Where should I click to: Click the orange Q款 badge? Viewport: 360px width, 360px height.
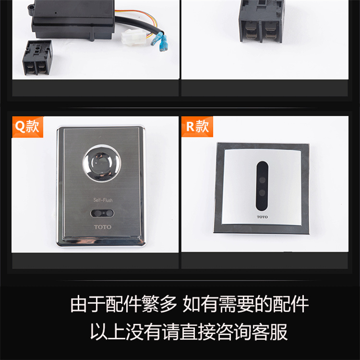click(x=27, y=127)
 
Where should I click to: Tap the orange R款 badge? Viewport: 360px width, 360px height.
click(x=197, y=127)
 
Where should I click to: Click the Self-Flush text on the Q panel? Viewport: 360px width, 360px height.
click(x=103, y=200)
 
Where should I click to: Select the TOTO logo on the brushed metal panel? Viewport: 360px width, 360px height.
click(x=103, y=227)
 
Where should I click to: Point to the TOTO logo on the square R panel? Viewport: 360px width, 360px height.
click(x=262, y=217)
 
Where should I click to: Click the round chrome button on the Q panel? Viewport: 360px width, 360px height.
click(x=102, y=163)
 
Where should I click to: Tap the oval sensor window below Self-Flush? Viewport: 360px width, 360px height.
click(x=102, y=213)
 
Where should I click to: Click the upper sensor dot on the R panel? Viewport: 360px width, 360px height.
click(x=262, y=180)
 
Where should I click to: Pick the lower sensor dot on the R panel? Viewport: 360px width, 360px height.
click(x=262, y=192)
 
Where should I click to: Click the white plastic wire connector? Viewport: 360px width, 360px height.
click(x=132, y=37)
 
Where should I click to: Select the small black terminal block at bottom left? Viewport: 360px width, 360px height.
click(x=37, y=58)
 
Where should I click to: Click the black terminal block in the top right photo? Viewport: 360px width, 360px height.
click(x=261, y=21)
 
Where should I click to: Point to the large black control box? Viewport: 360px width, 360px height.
click(x=73, y=20)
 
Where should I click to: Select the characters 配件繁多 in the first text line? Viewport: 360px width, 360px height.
click(x=141, y=304)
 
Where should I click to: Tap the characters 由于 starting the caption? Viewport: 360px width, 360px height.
click(x=88, y=304)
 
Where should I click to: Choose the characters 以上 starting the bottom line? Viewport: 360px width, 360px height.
click(x=108, y=332)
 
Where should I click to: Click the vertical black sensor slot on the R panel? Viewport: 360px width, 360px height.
click(x=262, y=186)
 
